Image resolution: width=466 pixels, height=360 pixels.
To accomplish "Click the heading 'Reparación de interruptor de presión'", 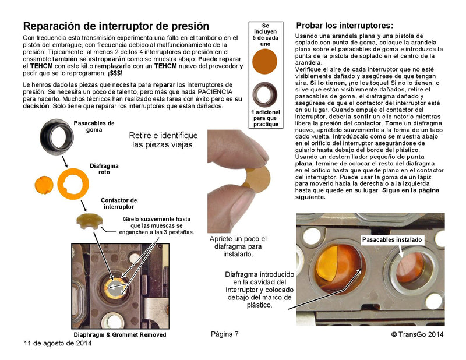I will (115, 26).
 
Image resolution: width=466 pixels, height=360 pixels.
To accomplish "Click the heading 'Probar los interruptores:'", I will (345, 26).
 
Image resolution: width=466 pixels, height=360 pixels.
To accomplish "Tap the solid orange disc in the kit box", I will (266, 61).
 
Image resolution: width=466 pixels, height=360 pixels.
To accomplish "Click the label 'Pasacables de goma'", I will (94, 126).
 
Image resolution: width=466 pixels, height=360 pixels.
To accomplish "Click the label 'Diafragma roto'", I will (104, 170).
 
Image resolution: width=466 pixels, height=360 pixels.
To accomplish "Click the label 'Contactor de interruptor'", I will (119, 204).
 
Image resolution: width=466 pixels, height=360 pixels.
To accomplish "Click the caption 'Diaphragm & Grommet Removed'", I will (119, 334).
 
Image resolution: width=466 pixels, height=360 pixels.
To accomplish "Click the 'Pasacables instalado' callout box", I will (392, 240).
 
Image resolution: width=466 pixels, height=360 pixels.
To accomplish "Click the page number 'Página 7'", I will (225, 334).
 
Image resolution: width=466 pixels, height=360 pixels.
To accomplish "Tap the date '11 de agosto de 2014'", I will (58, 343).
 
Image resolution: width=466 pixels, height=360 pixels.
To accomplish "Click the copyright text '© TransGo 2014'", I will (418, 334).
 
